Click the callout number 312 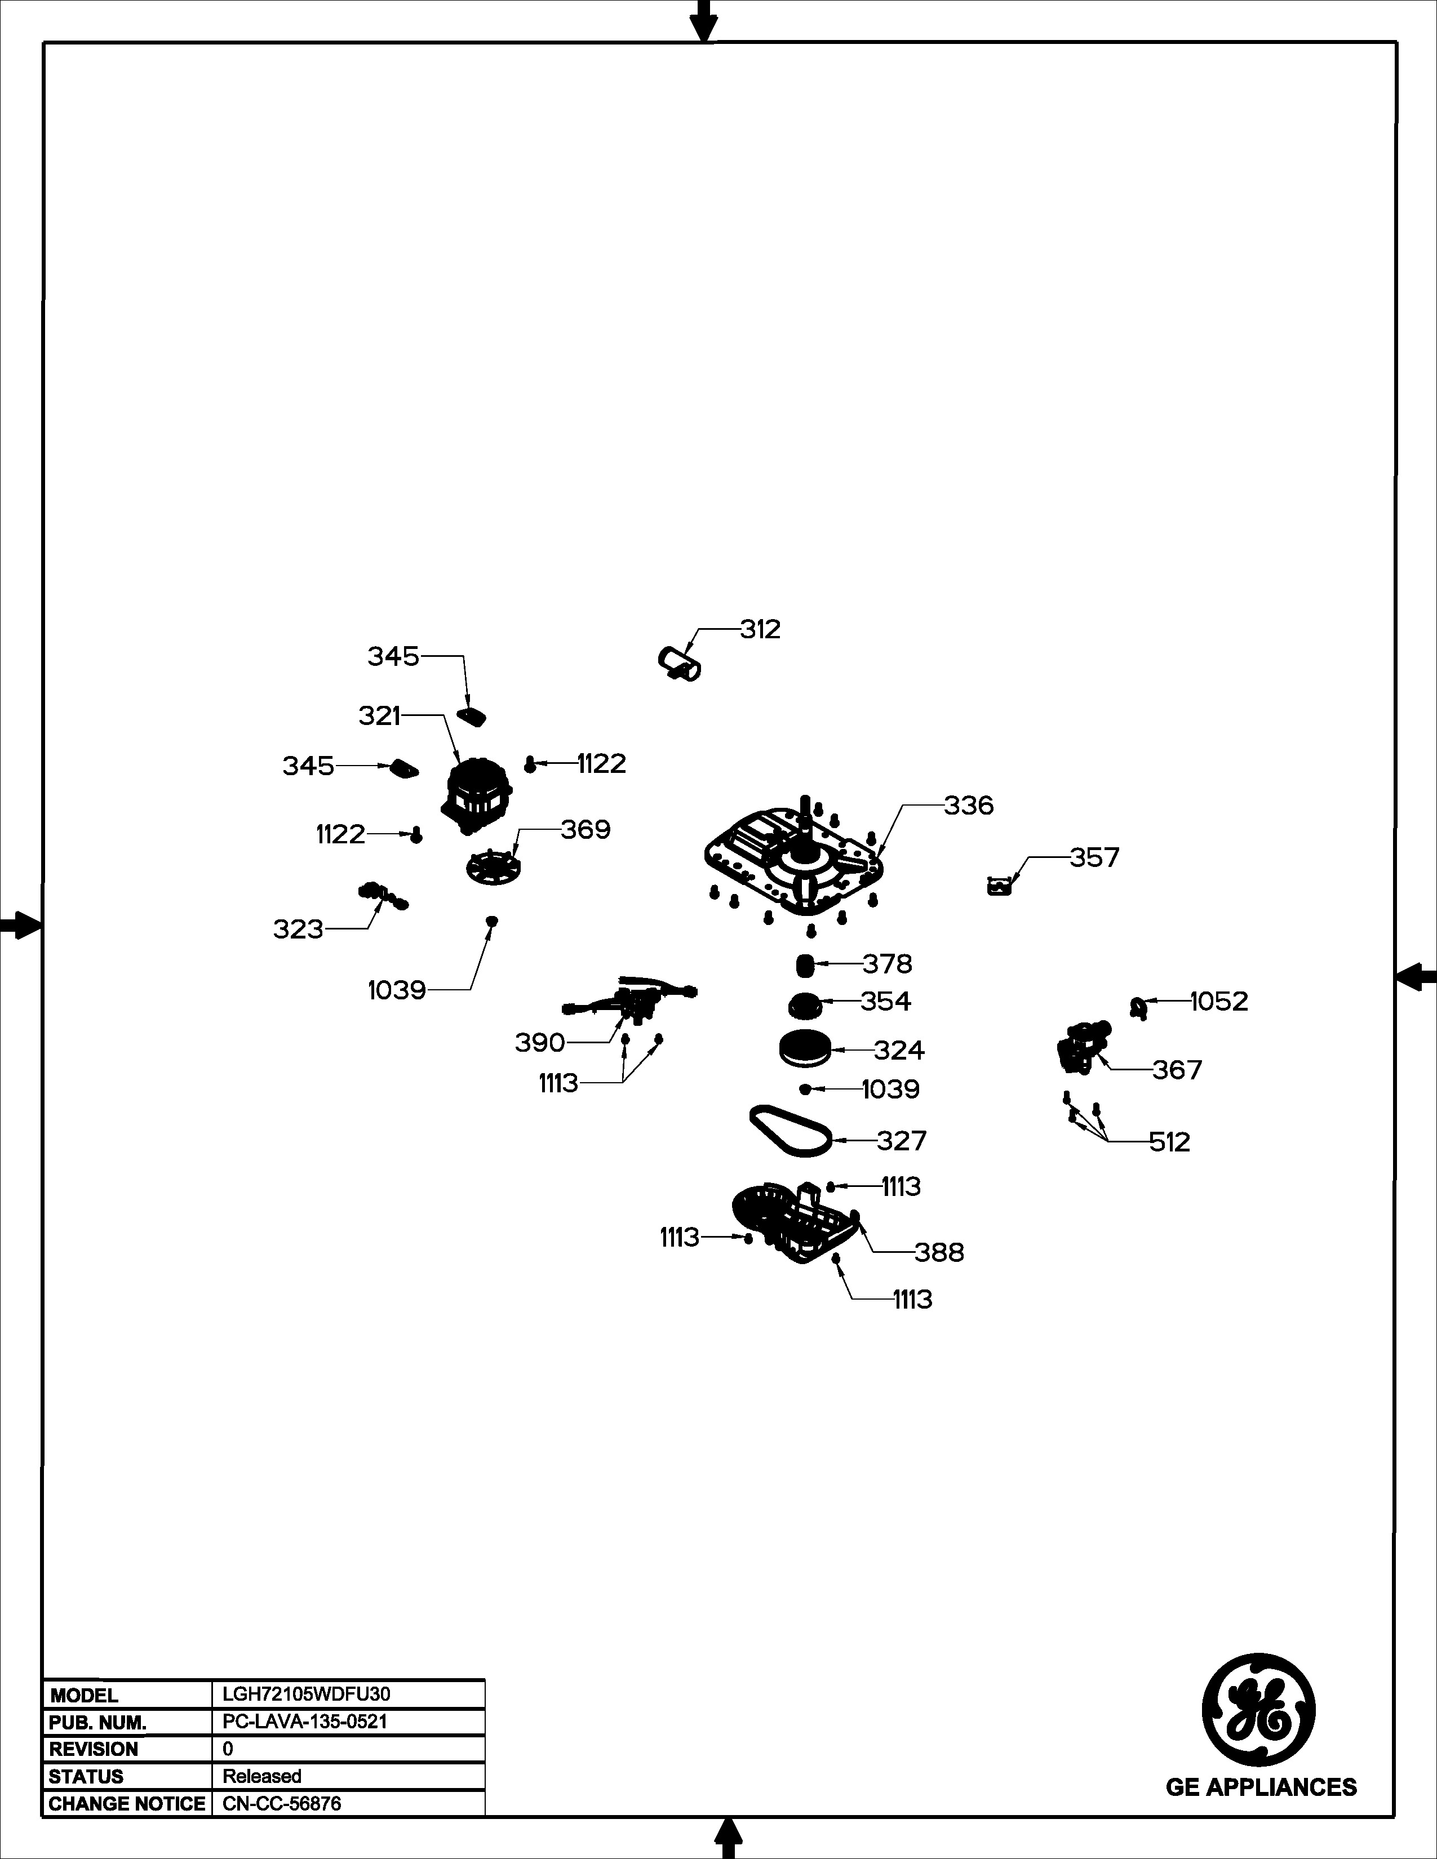760,629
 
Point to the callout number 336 968,805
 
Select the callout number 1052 1219,1001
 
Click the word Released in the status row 262,1776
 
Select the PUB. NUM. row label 98,1723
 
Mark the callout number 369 585,829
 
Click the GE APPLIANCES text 1261,1787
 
